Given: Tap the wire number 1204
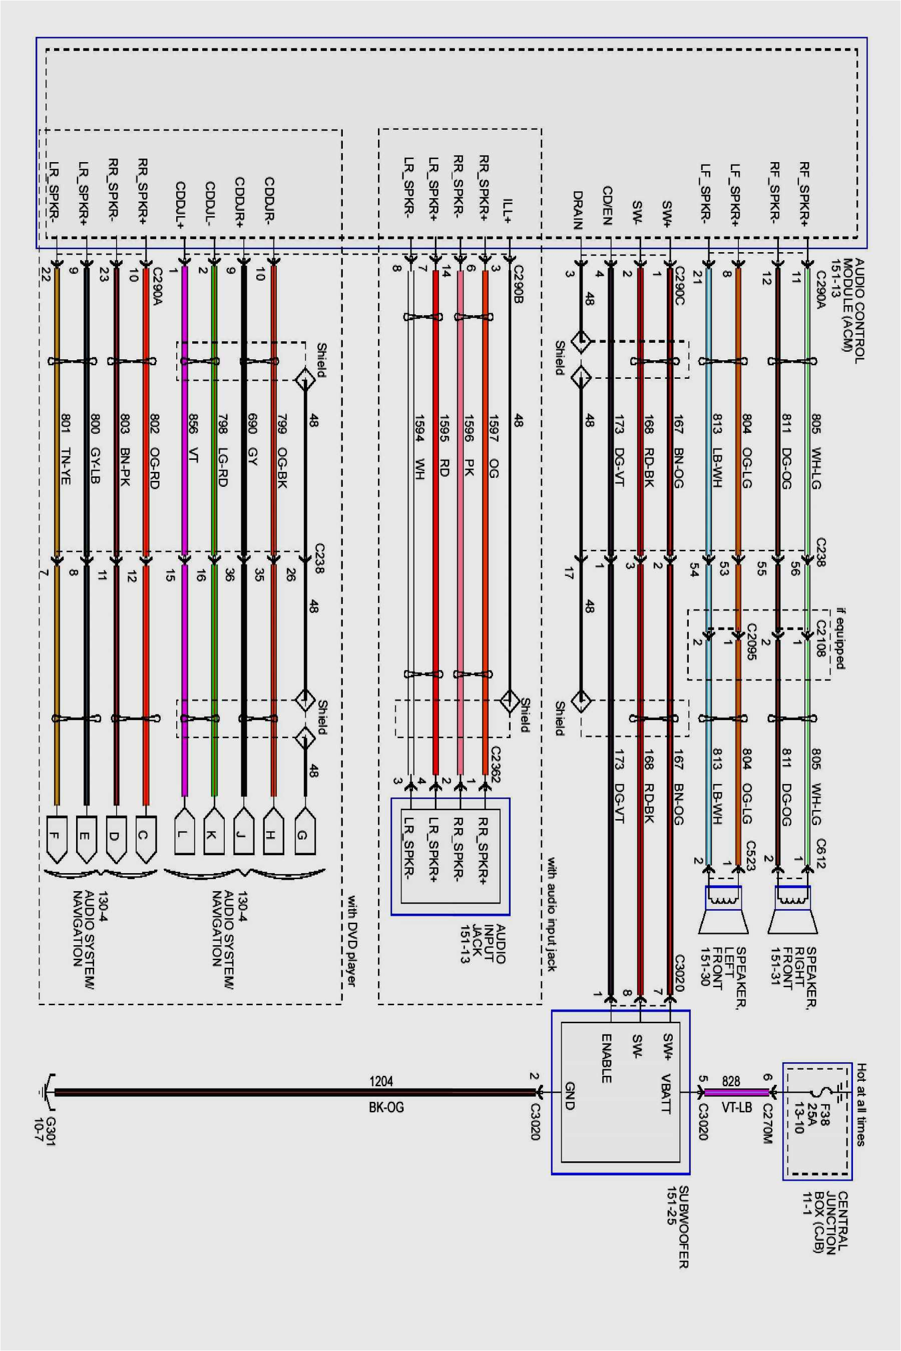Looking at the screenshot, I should coord(381,1081).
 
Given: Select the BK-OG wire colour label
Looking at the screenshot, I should coord(386,1107).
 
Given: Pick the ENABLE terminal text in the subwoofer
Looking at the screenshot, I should coord(606,1058).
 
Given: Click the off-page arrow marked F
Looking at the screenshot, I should coord(56,839).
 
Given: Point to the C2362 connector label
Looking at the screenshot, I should coord(496,764).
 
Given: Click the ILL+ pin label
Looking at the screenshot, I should coord(508,211).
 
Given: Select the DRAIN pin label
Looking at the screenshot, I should coord(578,210).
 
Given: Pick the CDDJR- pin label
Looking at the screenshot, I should coord(269,199).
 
